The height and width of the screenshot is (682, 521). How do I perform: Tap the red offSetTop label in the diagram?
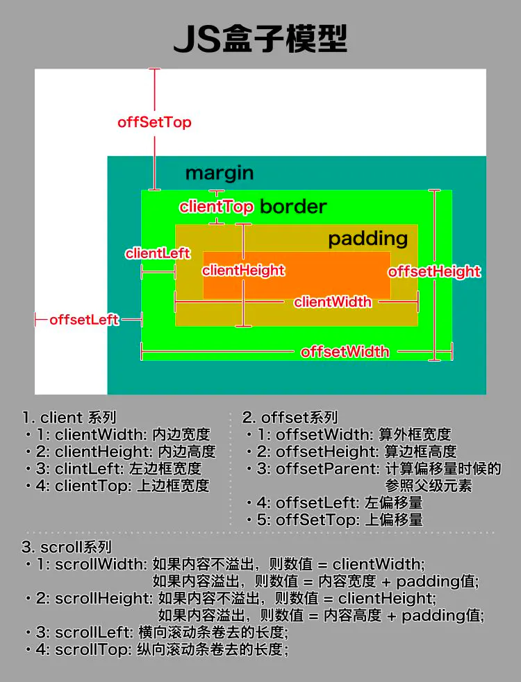[154, 122]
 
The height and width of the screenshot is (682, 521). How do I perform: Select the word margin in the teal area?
[219, 173]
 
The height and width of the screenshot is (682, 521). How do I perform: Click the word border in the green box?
[292, 206]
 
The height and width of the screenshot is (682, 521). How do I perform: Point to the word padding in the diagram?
[367, 239]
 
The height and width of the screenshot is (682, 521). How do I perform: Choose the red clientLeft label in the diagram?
[158, 253]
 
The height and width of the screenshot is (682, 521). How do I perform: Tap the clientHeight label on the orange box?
[243, 270]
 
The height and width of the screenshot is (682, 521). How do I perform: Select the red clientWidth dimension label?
[332, 302]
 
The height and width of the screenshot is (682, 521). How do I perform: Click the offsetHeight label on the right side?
[434, 271]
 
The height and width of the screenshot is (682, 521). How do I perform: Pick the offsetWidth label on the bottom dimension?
[345, 352]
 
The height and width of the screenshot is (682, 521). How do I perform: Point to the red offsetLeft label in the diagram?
[84, 320]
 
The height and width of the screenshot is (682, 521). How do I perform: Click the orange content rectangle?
[333, 274]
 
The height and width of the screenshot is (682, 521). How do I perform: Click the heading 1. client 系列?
[69, 418]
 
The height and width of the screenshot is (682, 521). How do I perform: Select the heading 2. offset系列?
[290, 418]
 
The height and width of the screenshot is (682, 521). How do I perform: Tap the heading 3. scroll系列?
[67, 547]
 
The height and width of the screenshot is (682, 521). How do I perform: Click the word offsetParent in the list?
[326, 468]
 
